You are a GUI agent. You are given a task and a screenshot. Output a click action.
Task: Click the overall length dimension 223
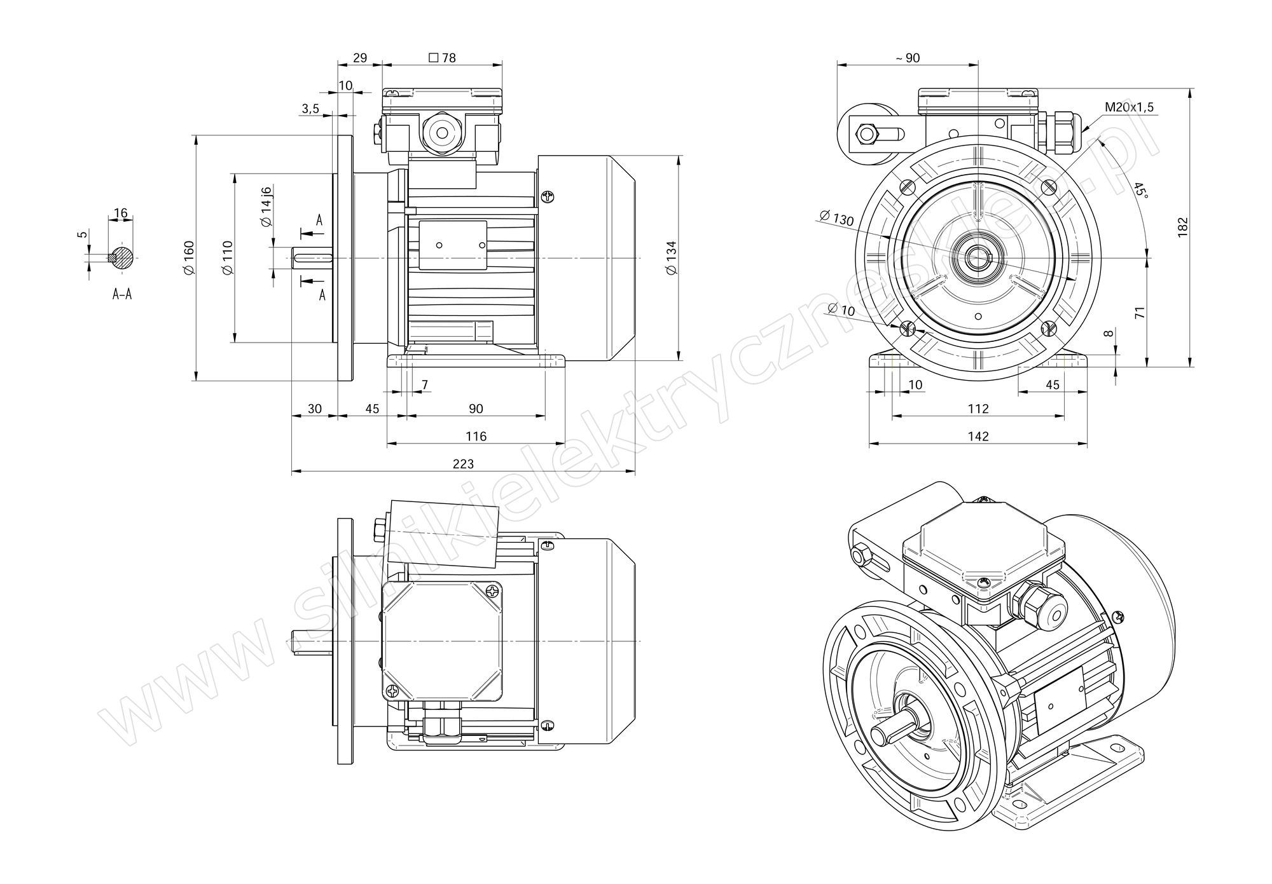463,464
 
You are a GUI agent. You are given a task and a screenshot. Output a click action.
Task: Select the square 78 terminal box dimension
443,58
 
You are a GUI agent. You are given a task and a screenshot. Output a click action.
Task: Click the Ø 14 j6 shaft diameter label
266,207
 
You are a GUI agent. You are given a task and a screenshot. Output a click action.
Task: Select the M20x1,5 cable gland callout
1129,107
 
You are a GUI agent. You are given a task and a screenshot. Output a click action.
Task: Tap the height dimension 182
1182,228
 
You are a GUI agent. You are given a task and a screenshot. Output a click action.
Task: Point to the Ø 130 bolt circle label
837,218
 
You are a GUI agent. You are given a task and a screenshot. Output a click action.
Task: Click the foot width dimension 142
978,436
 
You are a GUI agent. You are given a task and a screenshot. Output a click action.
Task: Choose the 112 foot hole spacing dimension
978,408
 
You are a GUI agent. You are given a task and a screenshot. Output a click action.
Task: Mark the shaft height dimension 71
1140,312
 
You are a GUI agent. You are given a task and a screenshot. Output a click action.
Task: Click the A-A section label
122,294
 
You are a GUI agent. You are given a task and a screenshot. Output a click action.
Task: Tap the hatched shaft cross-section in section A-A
122,257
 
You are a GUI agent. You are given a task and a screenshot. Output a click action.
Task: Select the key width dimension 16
121,213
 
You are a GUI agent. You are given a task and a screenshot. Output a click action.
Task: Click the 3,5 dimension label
310,109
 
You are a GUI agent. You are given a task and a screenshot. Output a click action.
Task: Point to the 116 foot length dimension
476,436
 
